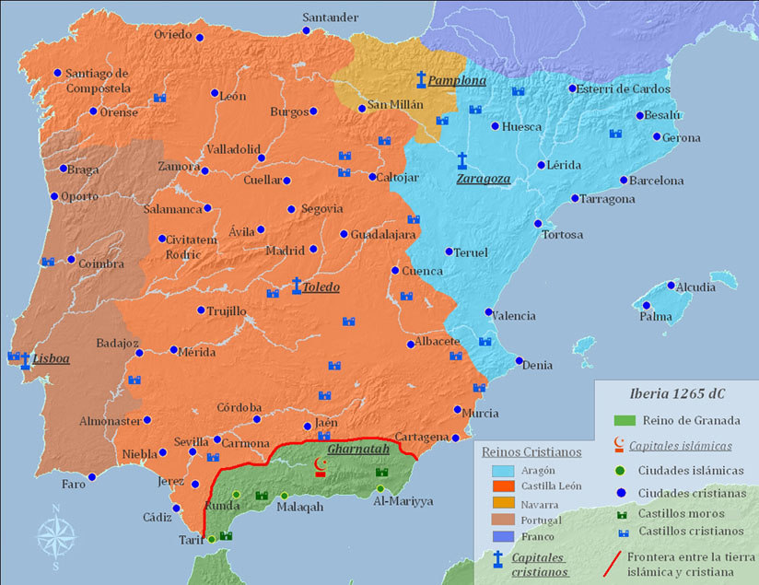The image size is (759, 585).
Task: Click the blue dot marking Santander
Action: (306, 30)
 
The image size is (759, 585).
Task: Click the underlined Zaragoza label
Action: (483, 179)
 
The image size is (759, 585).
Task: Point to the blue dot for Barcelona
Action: (623, 181)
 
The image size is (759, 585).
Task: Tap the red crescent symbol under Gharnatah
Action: (321, 464)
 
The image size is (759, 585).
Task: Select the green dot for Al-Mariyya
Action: (381, 488)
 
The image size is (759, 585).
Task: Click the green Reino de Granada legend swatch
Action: (626, 420)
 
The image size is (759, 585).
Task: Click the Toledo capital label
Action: (321, 287)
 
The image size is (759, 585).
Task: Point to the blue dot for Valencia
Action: (488, 312)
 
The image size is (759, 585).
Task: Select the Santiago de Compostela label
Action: (98, 80)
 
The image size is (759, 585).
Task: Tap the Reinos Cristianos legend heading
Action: (531, 452)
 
